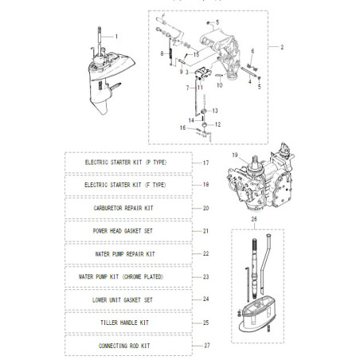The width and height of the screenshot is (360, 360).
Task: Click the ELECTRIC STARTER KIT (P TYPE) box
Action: pos(128,162)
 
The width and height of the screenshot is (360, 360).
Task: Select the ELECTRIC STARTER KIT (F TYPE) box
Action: pos(128,185)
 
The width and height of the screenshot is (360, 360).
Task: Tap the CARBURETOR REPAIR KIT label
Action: pos(128,208)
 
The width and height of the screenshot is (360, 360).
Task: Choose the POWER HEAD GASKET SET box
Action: pos(128,231)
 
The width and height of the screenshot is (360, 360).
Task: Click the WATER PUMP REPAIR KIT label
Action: pos(128,254)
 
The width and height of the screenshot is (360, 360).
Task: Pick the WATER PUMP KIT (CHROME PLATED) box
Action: pos(128,277)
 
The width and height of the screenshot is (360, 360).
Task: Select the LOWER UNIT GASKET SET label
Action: pos(128,300)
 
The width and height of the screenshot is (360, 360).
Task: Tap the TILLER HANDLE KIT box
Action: pos(128,323)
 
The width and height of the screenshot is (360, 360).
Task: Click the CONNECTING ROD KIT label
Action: pos(128,346)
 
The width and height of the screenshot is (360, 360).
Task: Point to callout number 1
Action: pos(115,37)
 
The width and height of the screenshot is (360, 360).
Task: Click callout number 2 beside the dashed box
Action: pos(281,48)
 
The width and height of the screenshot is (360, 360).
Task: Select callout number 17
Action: pos(205,162)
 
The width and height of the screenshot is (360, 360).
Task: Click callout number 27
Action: pos(205,346)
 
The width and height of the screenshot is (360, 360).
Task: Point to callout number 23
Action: pos(205,277)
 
